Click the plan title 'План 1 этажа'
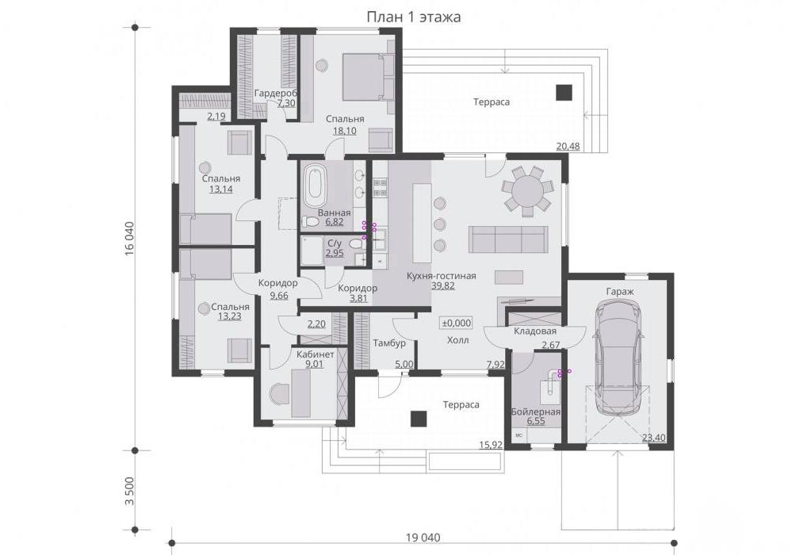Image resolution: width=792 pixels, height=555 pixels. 413,17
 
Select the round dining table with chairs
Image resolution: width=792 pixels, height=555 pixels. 526,190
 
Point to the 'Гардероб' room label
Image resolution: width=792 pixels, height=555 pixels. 275,94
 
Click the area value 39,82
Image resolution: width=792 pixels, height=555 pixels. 442,286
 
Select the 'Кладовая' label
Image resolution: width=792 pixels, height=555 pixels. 535,331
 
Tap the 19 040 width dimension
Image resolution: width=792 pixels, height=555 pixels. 423,538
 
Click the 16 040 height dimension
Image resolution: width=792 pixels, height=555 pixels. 130,239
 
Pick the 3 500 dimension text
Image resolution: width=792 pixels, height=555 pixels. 130,491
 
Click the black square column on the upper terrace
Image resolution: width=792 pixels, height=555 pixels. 564,92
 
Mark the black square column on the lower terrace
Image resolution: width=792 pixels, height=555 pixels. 419,419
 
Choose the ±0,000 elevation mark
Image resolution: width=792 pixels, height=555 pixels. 457,323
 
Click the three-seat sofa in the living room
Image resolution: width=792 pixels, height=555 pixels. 508,239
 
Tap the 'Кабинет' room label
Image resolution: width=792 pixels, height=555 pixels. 316,354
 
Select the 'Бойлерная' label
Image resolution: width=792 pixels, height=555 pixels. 535,411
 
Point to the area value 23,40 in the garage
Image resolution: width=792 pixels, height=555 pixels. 653,438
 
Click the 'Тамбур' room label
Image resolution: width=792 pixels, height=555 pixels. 389,343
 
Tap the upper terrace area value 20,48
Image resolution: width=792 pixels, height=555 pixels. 568,147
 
